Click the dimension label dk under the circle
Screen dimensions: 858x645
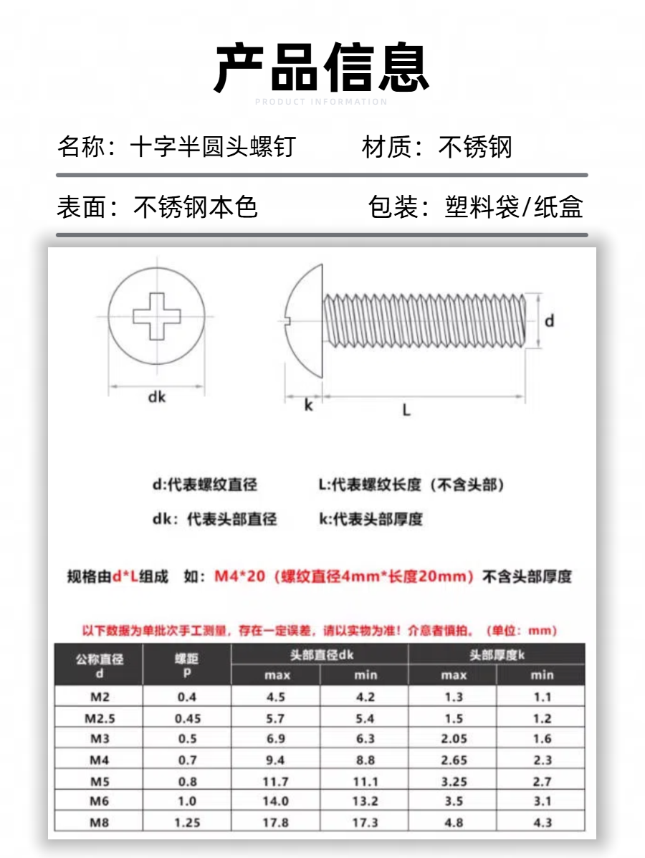pyautogui.click(x=157, y=396)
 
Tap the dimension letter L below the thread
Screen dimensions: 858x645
pyautogui.click(x=406, y=410)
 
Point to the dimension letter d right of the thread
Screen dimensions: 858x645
pyautogui.click(x=549, y=321)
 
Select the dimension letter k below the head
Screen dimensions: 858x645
pyautogui.click(x=308, y=406)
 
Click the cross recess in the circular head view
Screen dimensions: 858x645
pyautogui.click(x=157, y=315)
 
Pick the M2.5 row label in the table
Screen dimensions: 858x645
pyautogui.click(x=99, y=718)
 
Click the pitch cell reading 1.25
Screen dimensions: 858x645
pyautogui.click(x=187, y=823)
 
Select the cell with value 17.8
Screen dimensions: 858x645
pyautogui.click(x=275, y=823)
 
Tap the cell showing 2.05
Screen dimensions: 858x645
pyautogui.click(x=454, y=739)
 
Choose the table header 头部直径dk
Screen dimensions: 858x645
pyautogui.click(x=321, y=654)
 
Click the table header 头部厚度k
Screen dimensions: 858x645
pyautogui.click(x=497, y=654)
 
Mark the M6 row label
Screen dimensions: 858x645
pyautogui.click(x=99, y=802)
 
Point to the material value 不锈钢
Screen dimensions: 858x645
pyautogui.click(x=475, y=148)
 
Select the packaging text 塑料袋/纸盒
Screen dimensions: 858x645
pyautogui.click(x=514, y=207)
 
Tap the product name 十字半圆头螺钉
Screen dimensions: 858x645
pyautogui.click(x=212, y=148)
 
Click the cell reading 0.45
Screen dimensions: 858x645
pyautogui.click(x=187, y=718)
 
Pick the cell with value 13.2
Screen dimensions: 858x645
pyautogui.click(x=365, y=802)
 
